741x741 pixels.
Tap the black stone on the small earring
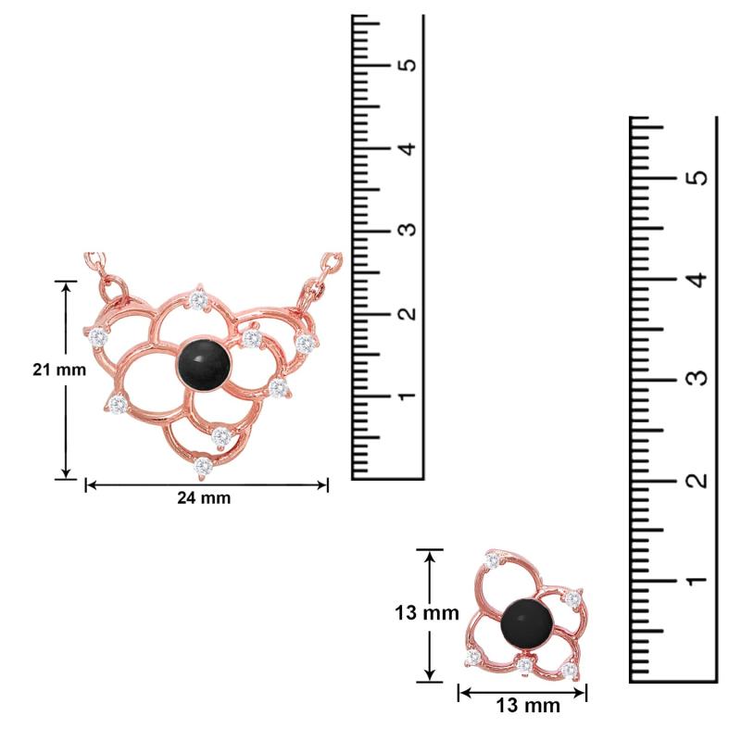[x=527, y=624]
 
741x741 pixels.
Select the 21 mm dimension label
[x=59, y=370]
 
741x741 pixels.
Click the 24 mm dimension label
[x=204, y=497]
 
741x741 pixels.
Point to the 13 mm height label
[x=427, y=613]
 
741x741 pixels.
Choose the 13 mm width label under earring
[x=528, y=706]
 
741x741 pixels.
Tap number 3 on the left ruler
[x=408, y=229]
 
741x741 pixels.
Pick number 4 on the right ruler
[x=698, y=279]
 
